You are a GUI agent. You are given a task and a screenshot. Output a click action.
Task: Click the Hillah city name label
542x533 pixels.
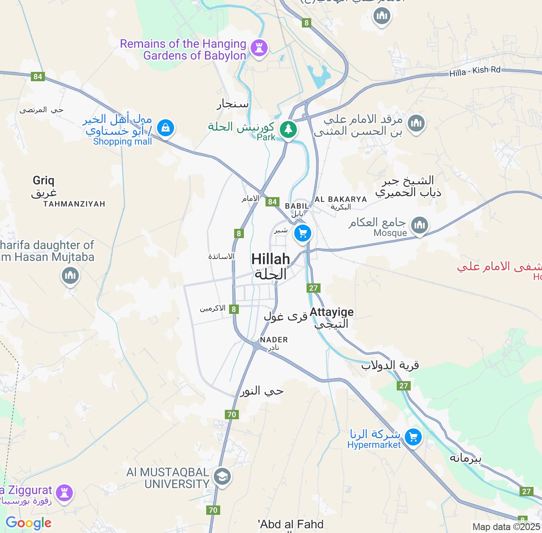pyautogui.click(x=271, y=259)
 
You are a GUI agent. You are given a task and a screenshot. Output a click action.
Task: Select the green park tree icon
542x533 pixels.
pyautogui.click(x=288, y=128)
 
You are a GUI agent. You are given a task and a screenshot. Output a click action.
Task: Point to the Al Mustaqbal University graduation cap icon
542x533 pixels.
pyautogui.click(x=222, y=477)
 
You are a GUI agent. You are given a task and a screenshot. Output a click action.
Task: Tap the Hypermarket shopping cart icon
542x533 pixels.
pyautogui.click(x=413, y=437)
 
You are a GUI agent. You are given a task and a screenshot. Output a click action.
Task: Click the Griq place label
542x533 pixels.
pyautogui.click(x=44, y=181)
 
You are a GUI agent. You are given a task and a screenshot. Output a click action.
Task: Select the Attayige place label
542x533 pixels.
pyautogui.click(x=332, y=313)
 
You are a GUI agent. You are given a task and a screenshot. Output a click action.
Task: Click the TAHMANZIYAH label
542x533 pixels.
pyautogui.click(x=74, y=204)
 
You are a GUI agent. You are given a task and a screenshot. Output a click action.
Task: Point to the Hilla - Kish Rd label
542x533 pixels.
pyautogui.click(x=475, y=71)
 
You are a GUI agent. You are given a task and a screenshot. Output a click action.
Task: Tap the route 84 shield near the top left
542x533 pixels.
pyautogui.click(x=38, y=77)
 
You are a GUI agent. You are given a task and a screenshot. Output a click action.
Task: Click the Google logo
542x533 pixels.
pyautogui.click(x=28, y=523)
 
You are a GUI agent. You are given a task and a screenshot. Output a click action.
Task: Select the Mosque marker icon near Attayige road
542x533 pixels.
pyautogui.click(x=419, y=225)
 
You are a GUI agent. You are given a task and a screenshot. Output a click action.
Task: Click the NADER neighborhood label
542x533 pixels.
pyautogui.click(x=274, y=340)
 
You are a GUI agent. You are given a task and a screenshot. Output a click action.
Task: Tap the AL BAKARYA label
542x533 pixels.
pyautogui.click(x=340, y=199)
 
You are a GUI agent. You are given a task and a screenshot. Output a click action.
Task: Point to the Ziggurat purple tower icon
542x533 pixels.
pyautogui.click(x=64, y=493)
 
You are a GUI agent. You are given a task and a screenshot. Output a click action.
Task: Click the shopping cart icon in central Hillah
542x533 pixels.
pyautogui.click(x=302, y=233)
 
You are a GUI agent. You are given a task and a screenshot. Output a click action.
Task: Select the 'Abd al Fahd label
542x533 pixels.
pyautogui.click(x=291, y=525)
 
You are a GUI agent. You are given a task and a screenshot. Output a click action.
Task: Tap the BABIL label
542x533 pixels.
pyautogui.click(x=297, y=206)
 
